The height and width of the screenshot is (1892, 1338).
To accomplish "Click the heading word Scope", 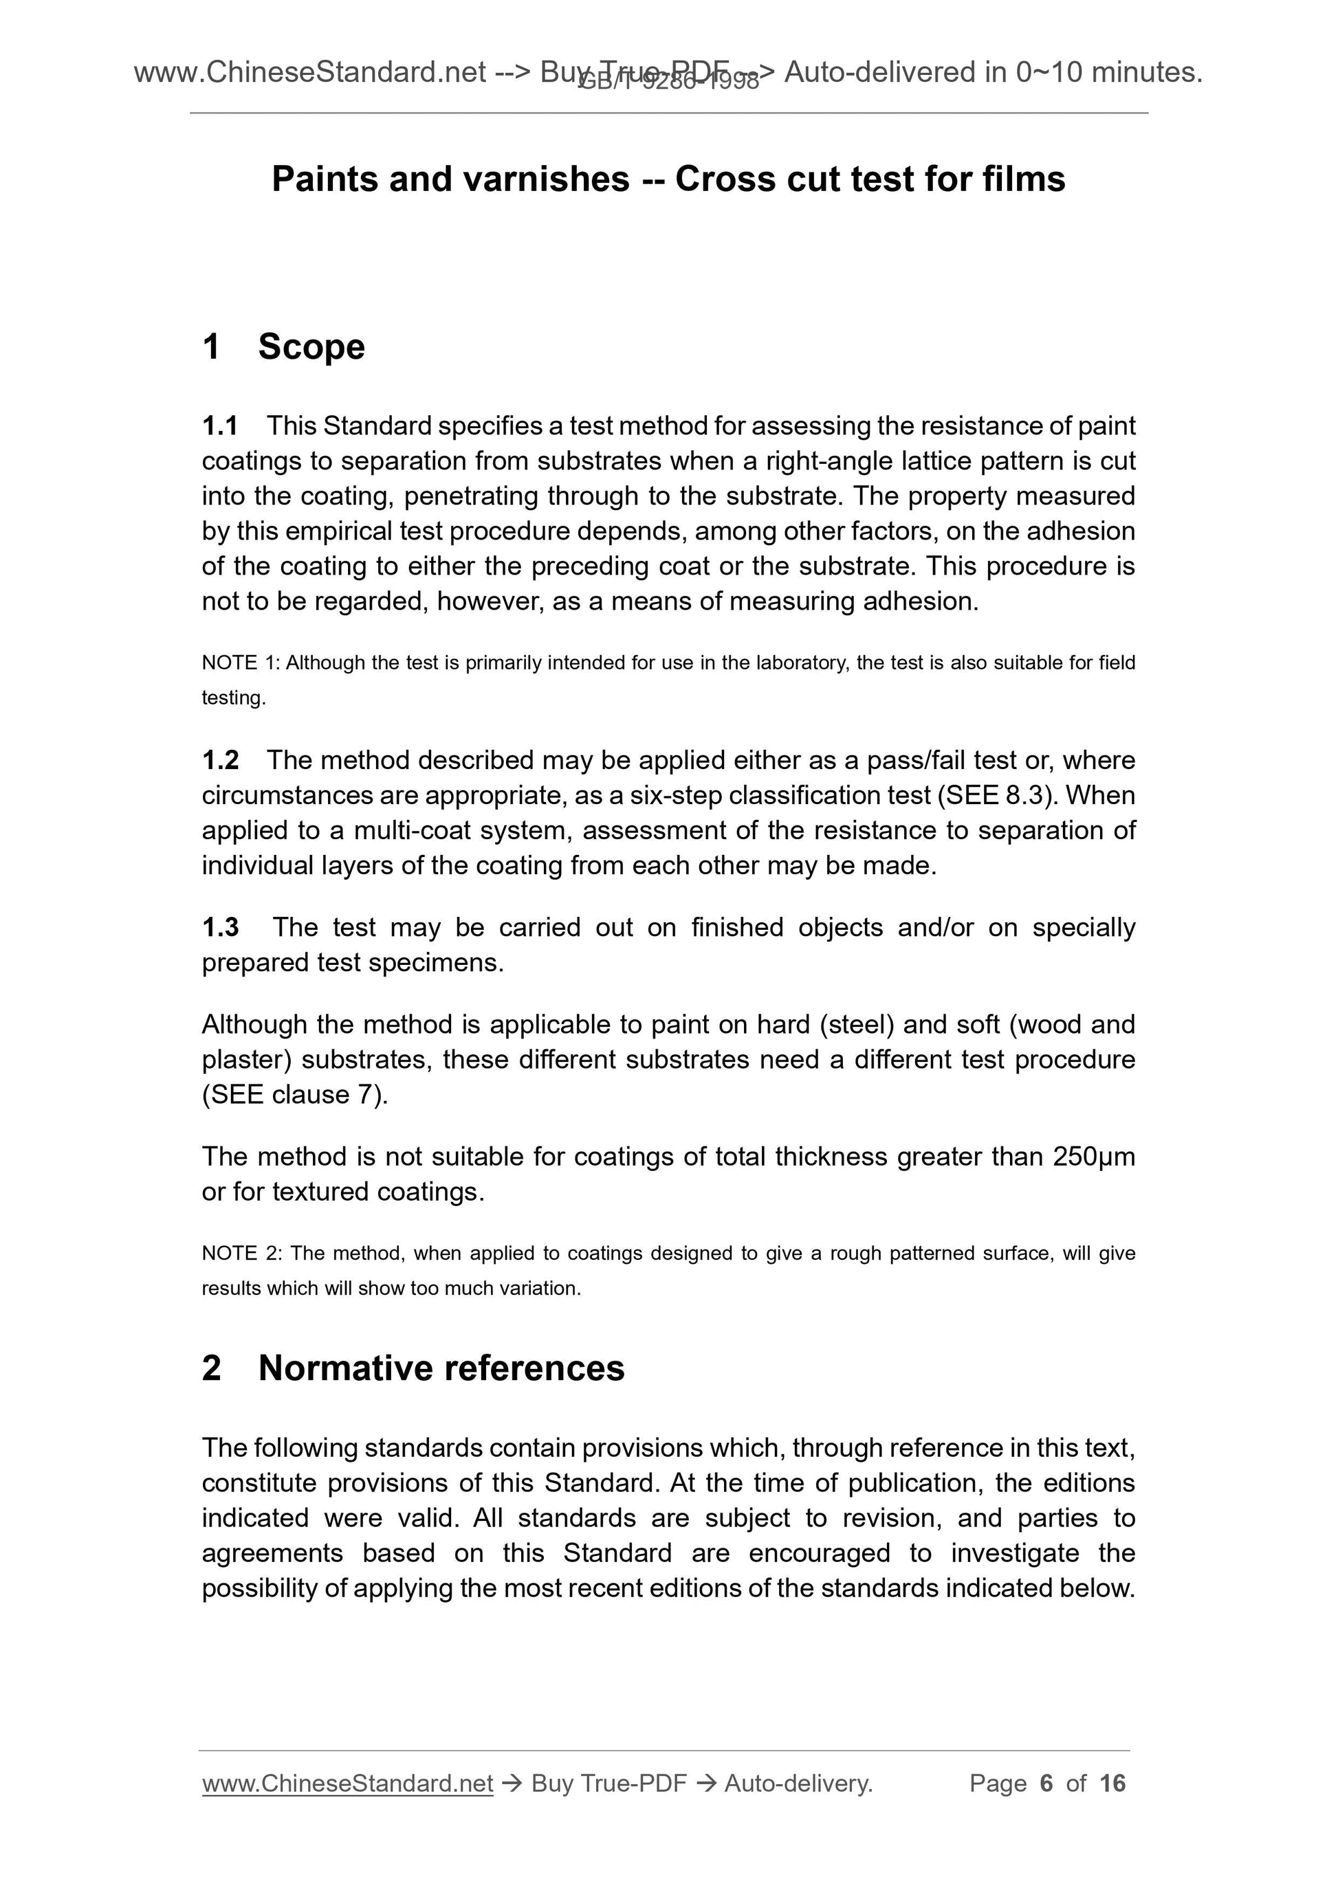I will coord(311,347).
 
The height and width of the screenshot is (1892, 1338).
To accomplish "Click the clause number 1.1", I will coord(219,426).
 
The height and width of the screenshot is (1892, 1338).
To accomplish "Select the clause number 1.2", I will coord(220,760).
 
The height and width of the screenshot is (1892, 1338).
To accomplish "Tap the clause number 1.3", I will coord(220,927).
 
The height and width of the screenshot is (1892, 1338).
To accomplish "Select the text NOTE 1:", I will coord(241,663).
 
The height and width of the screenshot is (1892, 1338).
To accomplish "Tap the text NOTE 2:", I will coord(241,1254).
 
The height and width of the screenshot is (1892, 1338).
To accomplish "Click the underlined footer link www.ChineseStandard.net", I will coord(347,1783).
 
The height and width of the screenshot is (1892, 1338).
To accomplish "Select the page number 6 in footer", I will coord(1046,1783).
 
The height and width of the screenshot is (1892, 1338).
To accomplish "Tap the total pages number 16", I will coord(1112,1783).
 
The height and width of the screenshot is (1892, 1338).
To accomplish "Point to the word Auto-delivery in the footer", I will coord(797,1783).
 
